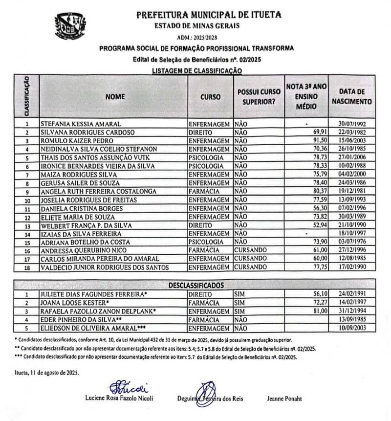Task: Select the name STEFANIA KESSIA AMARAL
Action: click(81, 124)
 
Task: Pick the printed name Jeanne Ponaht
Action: click(284, 399)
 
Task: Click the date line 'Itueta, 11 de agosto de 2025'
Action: click(47, 373)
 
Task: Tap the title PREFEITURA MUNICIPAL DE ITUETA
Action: click(209, 15)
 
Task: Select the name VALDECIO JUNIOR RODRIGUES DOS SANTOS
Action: click(105, 267)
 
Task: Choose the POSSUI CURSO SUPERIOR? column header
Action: click(259, 97)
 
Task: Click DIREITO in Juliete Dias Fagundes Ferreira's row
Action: click(200, 294)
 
